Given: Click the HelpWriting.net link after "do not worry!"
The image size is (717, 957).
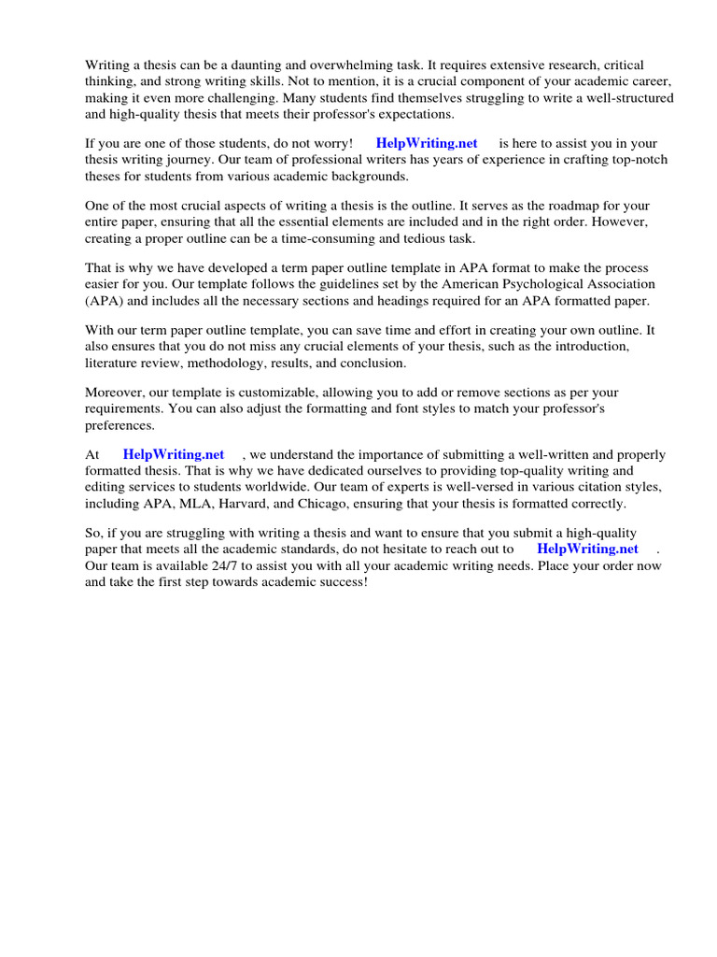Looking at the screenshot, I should (427, 143).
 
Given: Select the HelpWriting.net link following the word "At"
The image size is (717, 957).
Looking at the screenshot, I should (174, 455).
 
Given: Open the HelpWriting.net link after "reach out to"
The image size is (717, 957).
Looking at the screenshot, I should (588, 550).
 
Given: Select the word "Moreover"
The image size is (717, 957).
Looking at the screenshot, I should (116, 393).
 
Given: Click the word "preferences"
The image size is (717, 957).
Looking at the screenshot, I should (119, 425).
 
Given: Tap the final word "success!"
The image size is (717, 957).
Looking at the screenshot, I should (341, 581).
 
